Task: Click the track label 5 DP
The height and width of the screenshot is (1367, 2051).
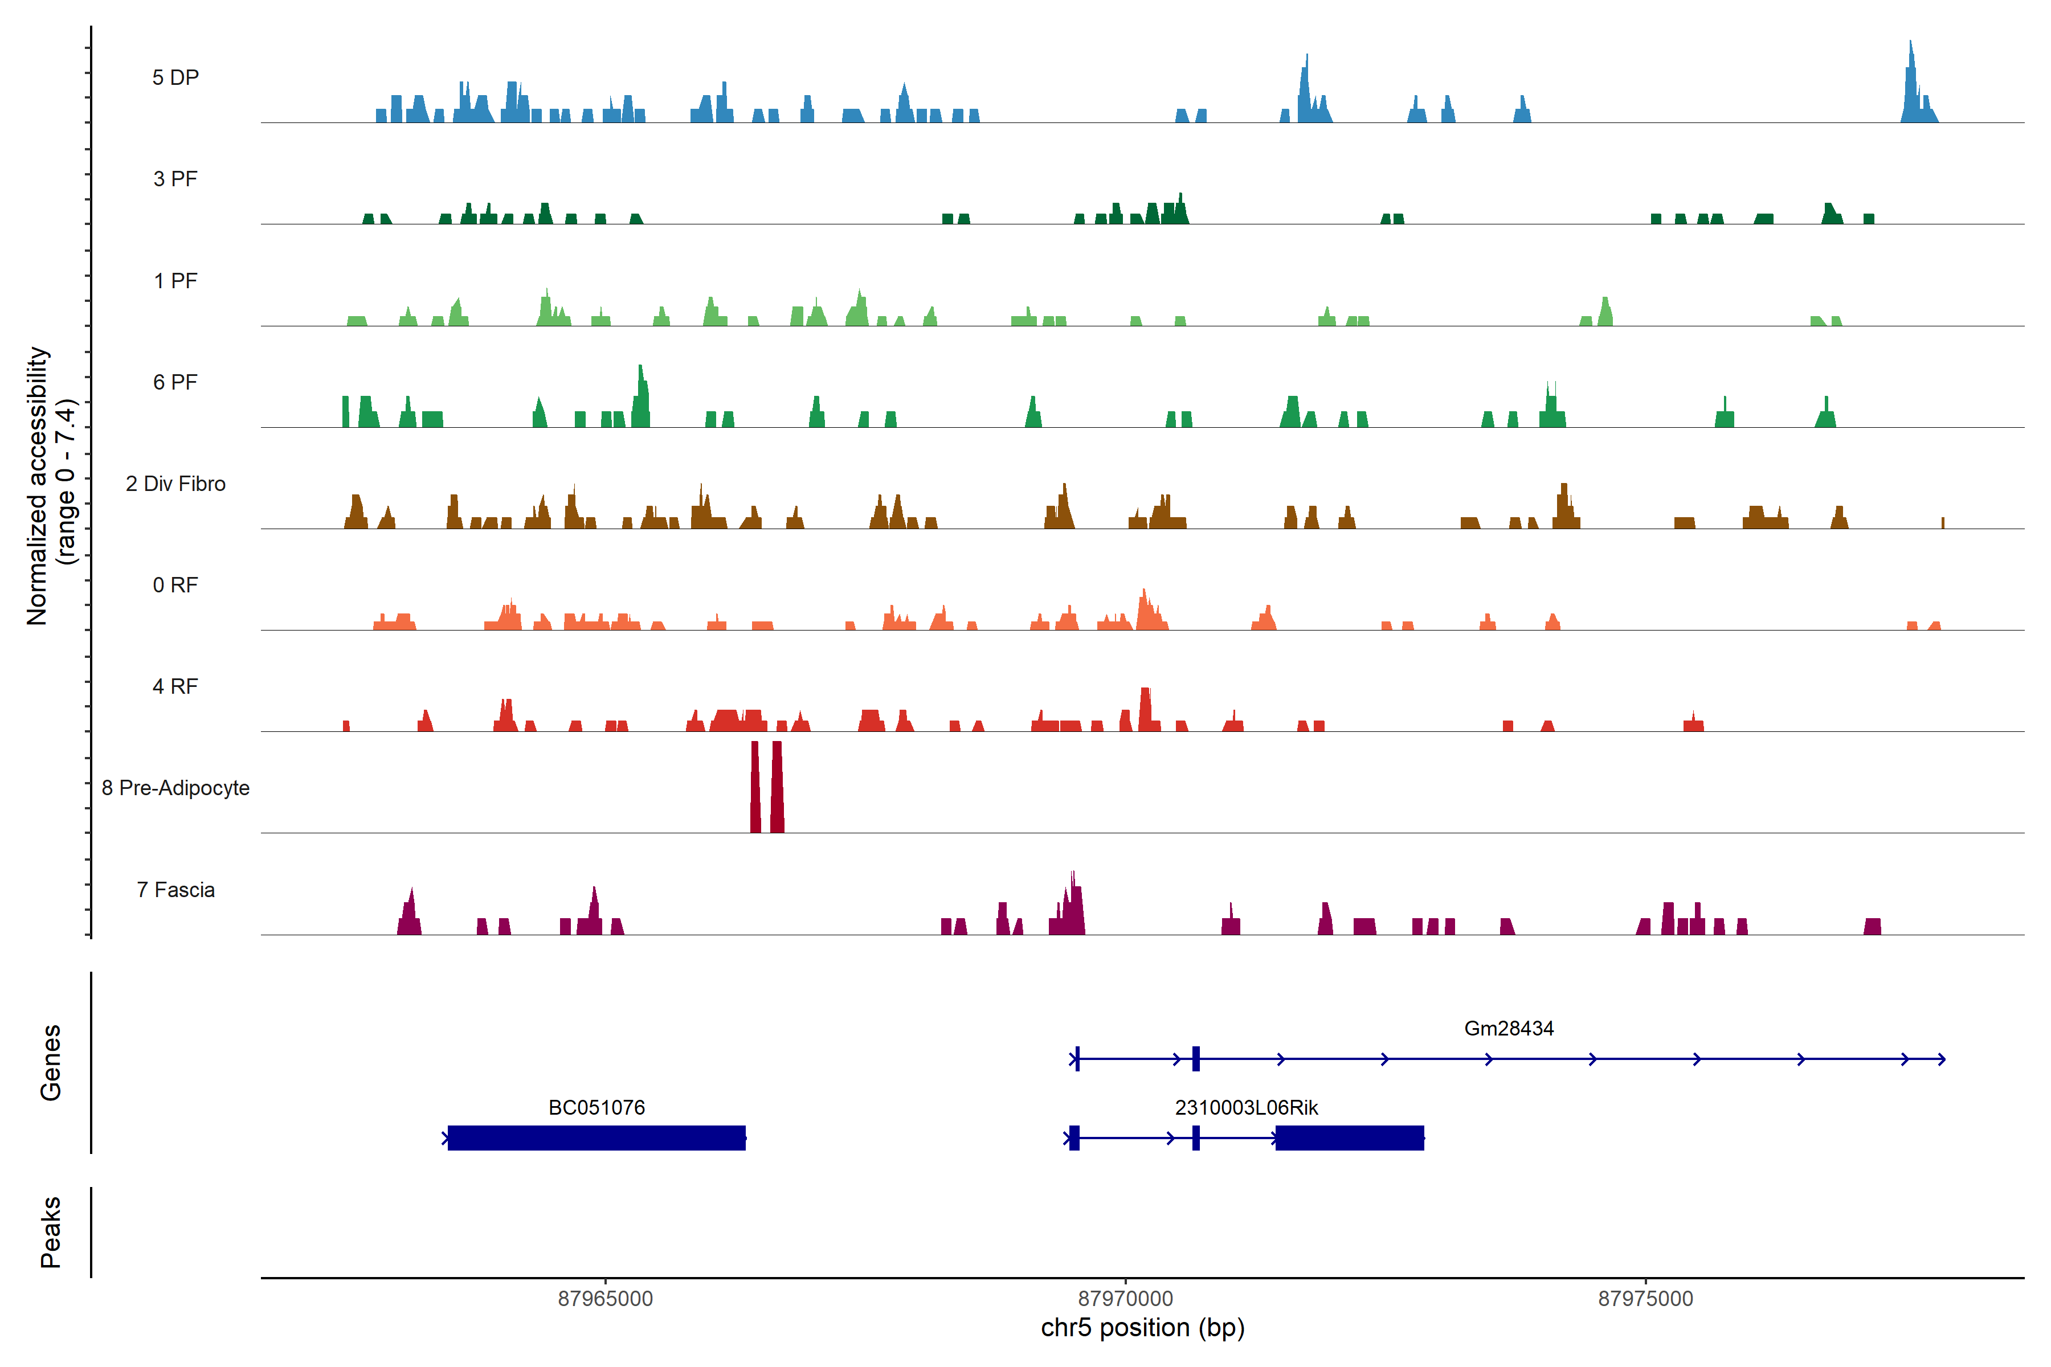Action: (x=175, y=77)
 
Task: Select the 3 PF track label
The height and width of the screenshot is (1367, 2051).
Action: (x=175, y=179)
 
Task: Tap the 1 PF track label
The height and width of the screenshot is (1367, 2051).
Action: (x=175, y=281)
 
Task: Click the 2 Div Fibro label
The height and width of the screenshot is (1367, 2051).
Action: (x=175, y=484)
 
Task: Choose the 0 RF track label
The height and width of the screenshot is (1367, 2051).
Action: (x=175, y=585)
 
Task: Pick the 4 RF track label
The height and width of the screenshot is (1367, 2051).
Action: (x=175, y=686)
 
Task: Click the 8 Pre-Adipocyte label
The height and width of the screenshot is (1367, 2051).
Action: (x=175, y=788)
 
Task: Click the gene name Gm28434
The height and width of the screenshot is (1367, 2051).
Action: (x=1509, y=1029)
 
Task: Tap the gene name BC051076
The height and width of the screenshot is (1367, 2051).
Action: (x=596, y=1107)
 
